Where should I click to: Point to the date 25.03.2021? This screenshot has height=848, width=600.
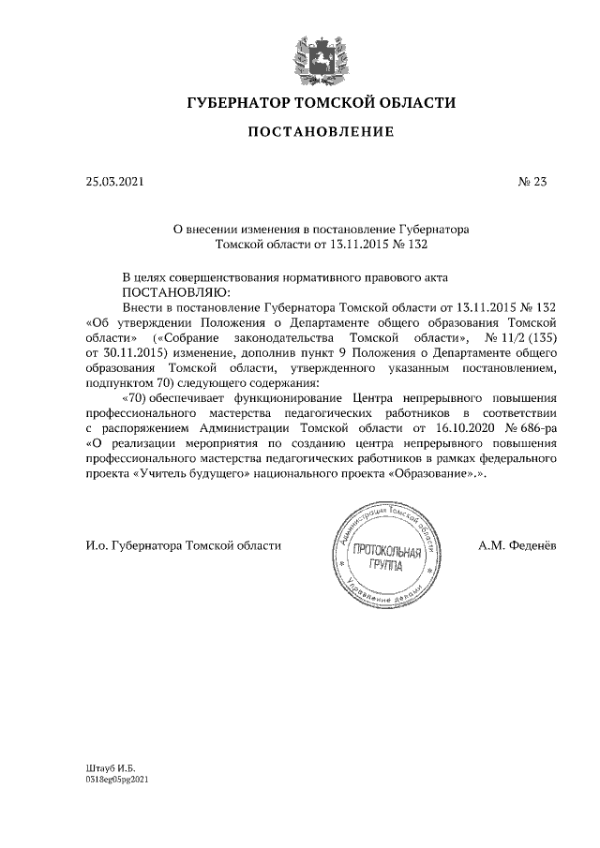pos(115,183)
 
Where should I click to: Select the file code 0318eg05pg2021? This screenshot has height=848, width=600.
pos(117,780)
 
